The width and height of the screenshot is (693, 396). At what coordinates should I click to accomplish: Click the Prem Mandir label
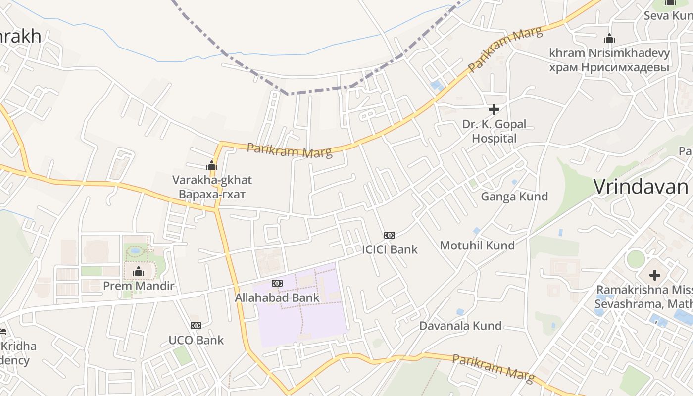139,286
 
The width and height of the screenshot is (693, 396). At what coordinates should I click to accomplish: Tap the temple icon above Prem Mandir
139,271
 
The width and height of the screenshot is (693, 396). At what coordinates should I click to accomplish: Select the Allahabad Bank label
277,298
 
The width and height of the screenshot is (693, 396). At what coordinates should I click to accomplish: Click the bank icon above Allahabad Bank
277,283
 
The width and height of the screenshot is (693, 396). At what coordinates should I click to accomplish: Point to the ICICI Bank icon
390,235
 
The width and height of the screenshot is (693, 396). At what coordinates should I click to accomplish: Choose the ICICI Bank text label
390,249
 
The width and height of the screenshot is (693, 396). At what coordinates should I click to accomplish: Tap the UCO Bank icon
196,326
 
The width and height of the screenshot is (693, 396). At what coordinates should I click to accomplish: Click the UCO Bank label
196,340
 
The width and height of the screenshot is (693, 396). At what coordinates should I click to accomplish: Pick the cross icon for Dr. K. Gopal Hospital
494,109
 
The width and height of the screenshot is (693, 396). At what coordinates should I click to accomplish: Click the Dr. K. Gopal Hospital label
494,131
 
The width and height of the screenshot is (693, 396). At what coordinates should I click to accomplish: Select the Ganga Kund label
514,197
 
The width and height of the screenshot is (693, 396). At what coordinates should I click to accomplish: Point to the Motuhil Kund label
477,245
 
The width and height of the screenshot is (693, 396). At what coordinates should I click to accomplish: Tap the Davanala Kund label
460,326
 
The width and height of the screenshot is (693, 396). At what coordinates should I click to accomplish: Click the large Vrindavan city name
641,187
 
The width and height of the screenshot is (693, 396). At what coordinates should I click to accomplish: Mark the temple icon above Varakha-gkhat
212,165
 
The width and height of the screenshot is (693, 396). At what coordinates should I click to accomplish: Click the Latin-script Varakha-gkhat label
212,180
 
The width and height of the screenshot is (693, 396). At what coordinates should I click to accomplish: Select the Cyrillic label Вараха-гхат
212,194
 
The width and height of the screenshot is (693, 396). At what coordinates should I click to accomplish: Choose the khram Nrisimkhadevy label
609,53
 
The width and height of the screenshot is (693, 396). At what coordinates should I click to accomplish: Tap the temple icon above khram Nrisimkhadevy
609,38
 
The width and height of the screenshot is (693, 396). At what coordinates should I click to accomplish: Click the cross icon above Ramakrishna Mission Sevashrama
655,275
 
